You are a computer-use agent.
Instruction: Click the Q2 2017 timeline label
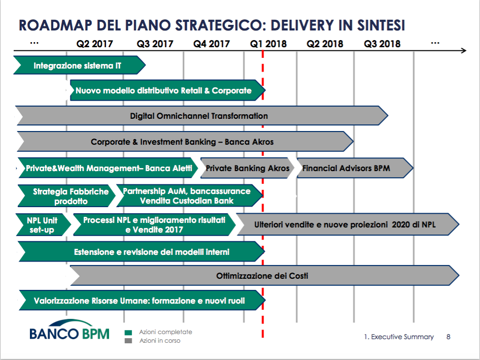point(94,44)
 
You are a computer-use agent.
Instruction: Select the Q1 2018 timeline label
point(268,44)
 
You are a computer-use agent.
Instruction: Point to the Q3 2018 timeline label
point(382,44)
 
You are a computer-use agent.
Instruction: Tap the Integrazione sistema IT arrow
point(80,65)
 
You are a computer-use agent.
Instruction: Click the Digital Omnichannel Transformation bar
point(202,116)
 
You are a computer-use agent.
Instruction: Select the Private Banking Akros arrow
point(247,168)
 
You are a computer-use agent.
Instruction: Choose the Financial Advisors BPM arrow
point(355,168)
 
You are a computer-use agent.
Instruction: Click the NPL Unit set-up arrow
point(44,224)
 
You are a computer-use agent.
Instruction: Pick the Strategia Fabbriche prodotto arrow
point(67,196)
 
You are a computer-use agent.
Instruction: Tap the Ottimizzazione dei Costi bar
point(265,275)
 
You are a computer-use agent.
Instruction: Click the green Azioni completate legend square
point(128,333)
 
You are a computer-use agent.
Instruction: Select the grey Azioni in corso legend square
point(128,341)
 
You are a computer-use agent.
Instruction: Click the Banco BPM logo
point(70,330)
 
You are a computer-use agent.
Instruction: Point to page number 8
point(448,337)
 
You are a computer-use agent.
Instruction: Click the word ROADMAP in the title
point(55,25)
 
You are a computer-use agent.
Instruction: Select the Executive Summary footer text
point(399,337)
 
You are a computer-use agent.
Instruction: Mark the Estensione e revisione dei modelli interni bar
point(142,251)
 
